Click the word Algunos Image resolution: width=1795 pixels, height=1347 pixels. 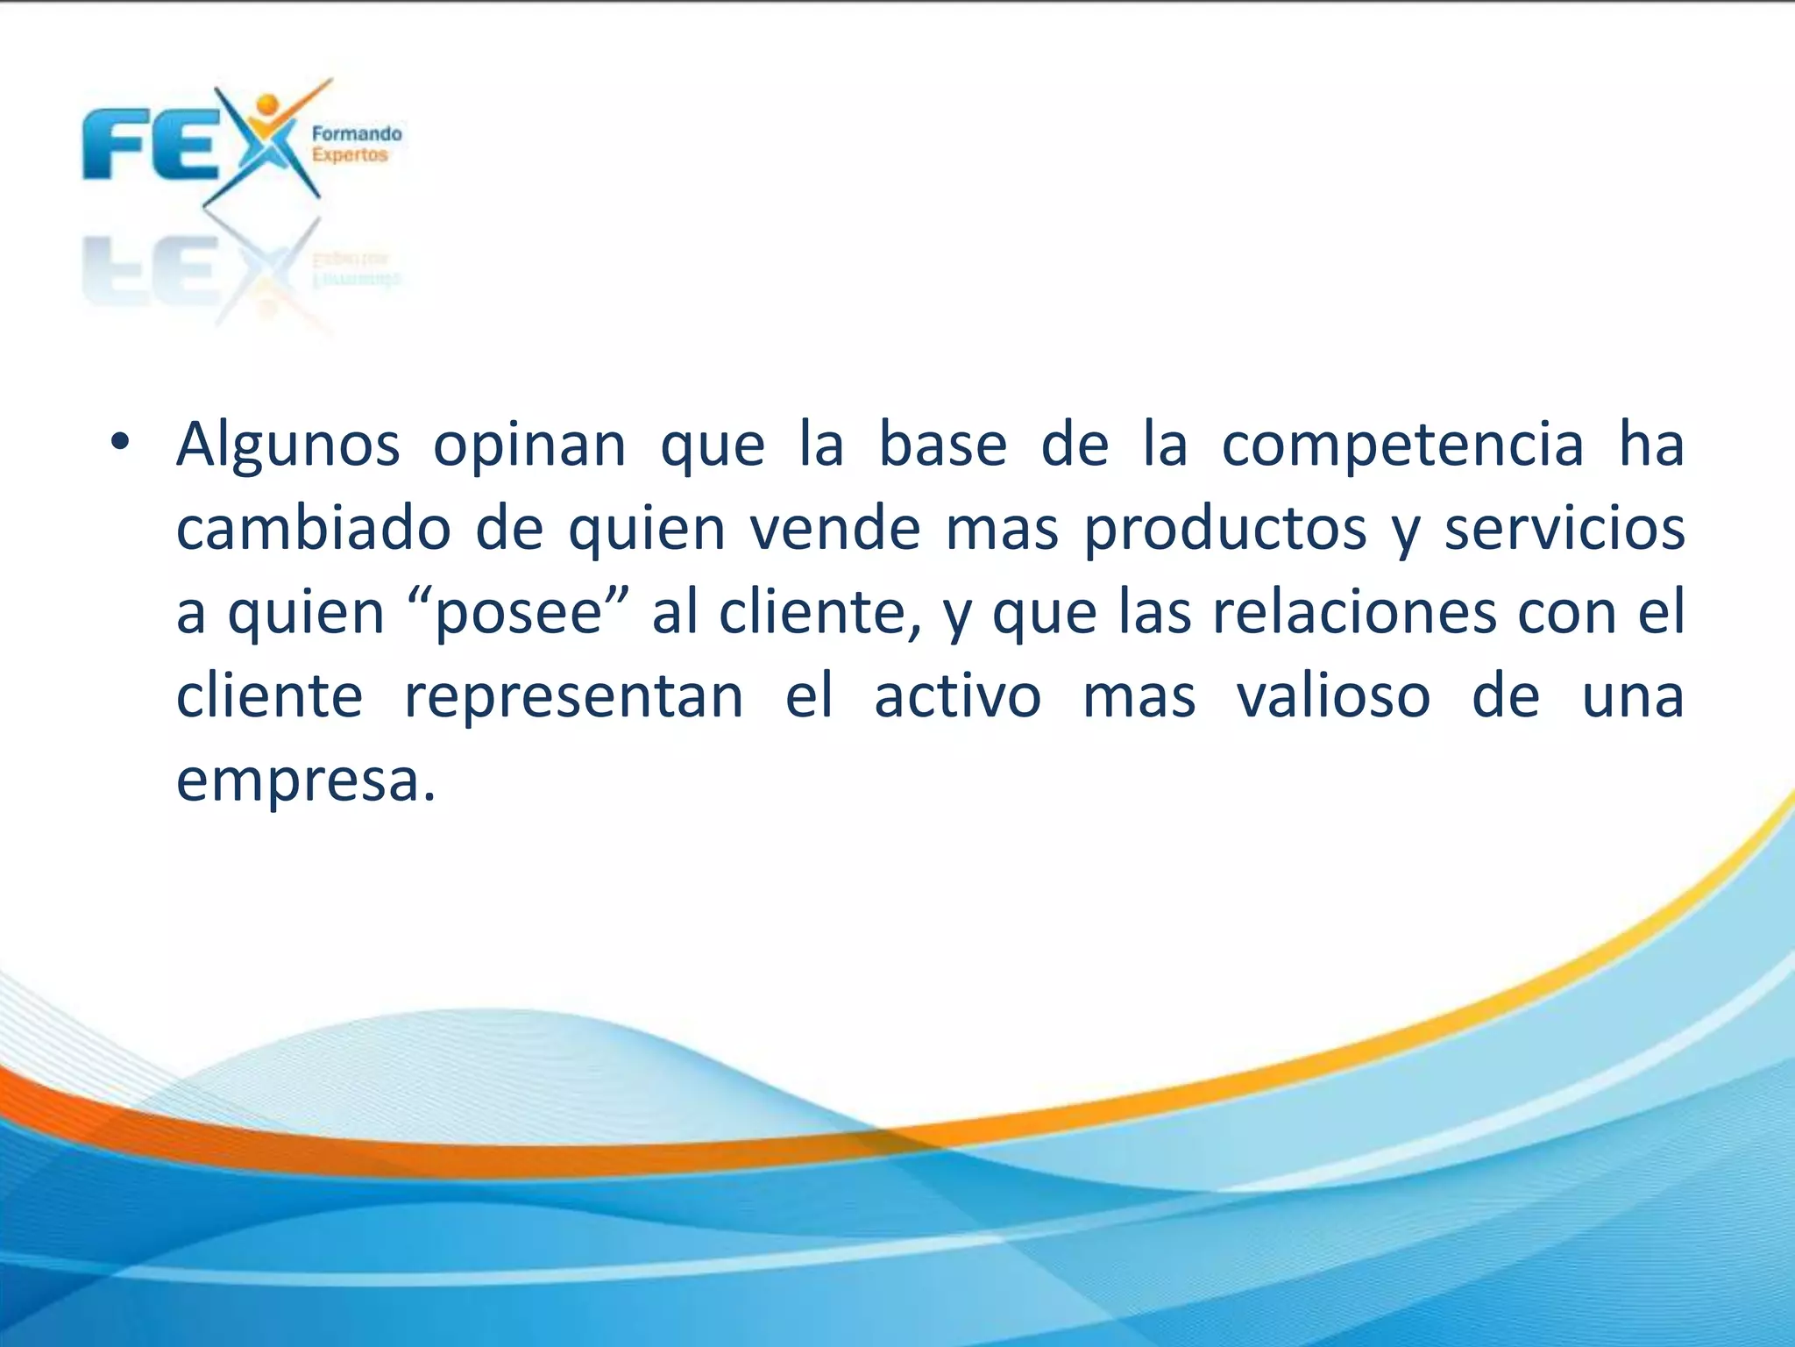coord(288,445)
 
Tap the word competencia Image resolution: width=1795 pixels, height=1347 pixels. coord(1402,445)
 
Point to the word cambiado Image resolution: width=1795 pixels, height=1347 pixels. coord(314,529)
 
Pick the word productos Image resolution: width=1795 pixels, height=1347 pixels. coord(1225,531)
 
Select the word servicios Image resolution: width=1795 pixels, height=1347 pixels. coord(1564,529)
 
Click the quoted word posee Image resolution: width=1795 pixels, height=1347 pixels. coord(519,614)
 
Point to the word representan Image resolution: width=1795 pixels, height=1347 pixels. coord(573,697)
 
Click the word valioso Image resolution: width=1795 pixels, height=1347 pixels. coord(1333,697)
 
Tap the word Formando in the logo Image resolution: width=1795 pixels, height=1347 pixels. coord(357,134)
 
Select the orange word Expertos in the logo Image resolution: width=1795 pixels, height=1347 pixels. coord(350,155)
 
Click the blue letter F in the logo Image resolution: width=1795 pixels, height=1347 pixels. coord(114,145)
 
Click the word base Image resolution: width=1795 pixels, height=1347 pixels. coord(942,445)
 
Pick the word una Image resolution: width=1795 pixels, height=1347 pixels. coord(1632,697)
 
